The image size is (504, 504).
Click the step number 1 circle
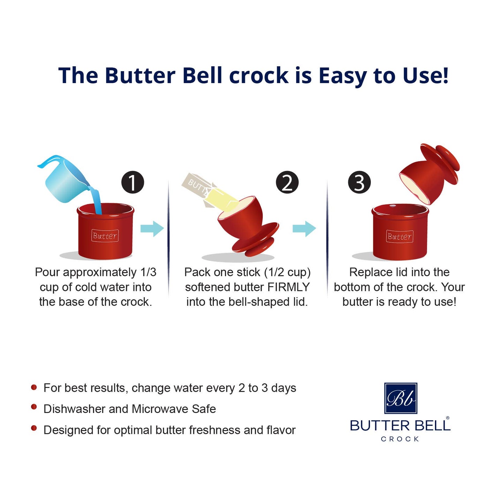click(133, 182)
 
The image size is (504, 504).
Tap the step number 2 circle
click(287, 182)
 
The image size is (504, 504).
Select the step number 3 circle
click(359, 182)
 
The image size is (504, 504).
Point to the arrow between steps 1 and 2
click(152, 229)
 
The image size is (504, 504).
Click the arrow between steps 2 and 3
click(304, 229)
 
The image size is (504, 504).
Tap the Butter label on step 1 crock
click(105, 236)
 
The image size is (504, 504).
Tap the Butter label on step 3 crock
click(400, 236)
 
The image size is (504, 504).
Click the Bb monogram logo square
click(400, 398)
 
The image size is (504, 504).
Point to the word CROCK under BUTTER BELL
click(400, 439)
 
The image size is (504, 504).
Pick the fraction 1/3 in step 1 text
click(148, 272)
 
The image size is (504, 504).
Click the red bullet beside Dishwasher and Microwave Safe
click(34, 407)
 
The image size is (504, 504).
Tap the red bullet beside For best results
click(34, 387)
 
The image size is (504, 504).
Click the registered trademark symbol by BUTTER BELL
click(447, 418)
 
